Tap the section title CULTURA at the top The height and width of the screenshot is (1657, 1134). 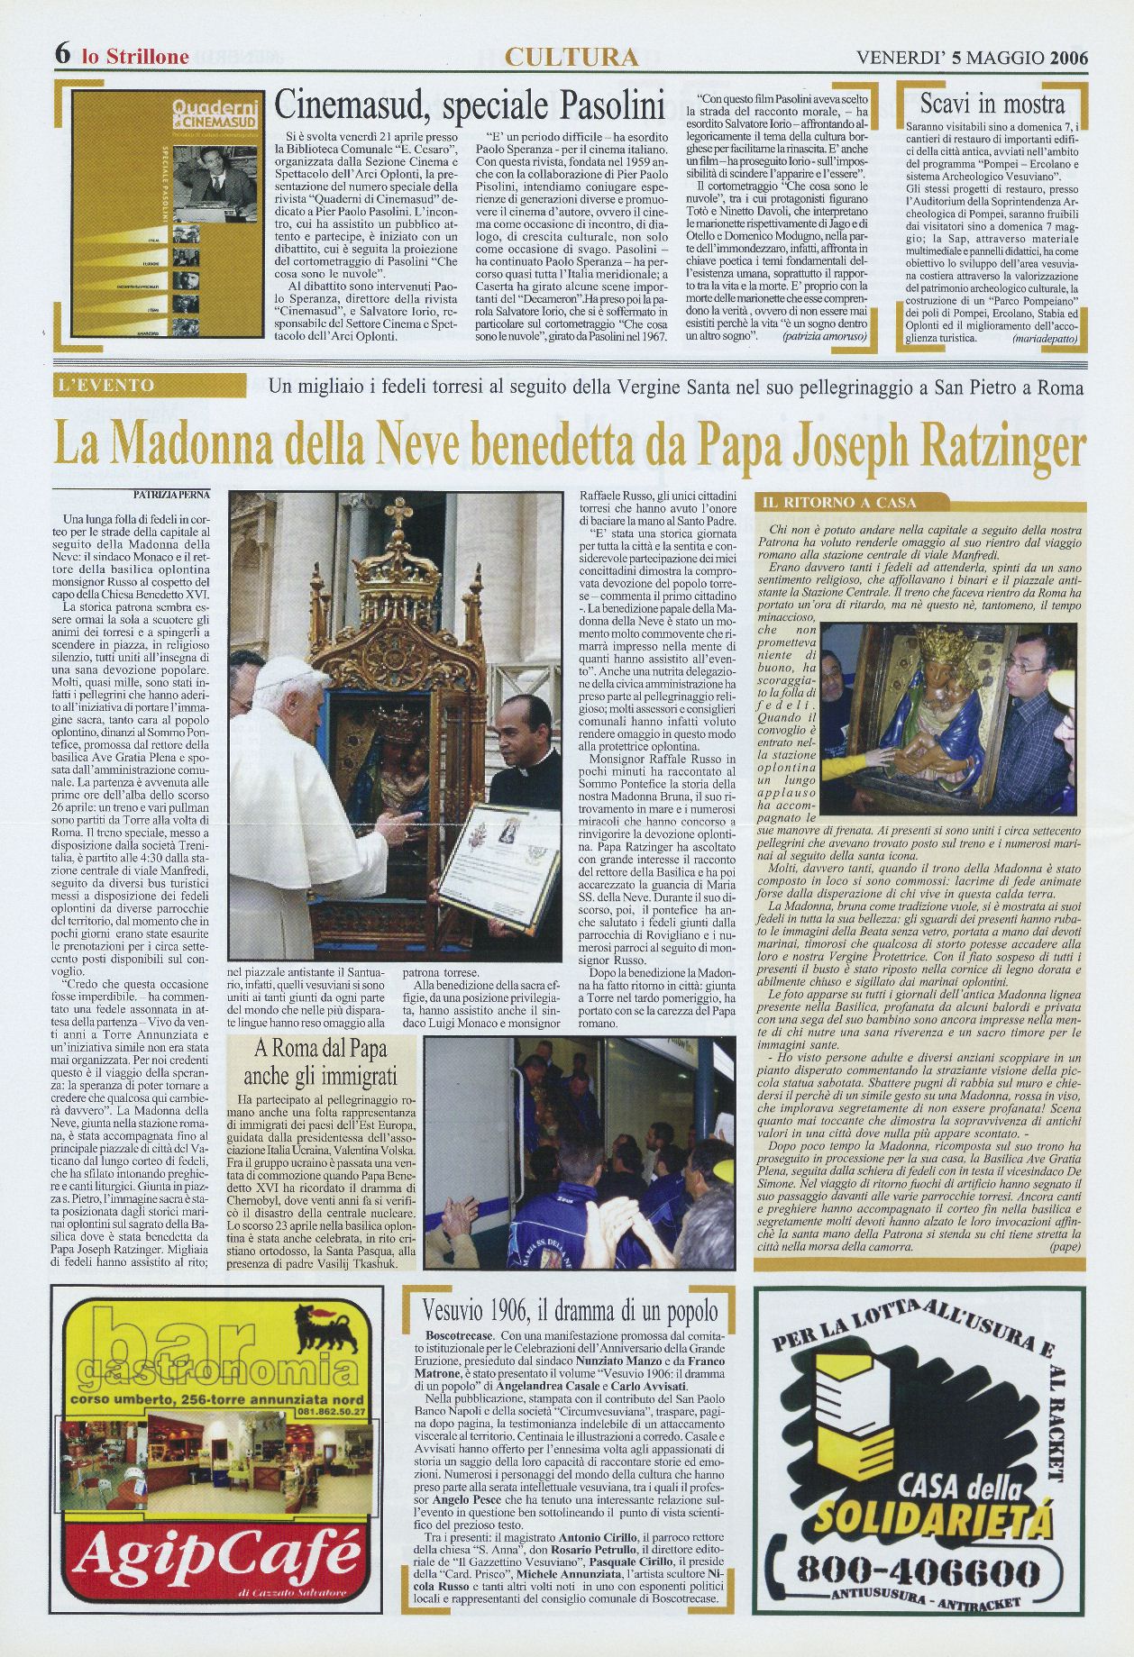click(572, 57)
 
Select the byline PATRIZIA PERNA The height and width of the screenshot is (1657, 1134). click(171, 494)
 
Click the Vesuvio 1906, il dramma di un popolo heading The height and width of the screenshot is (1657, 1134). click(572, 1310)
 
